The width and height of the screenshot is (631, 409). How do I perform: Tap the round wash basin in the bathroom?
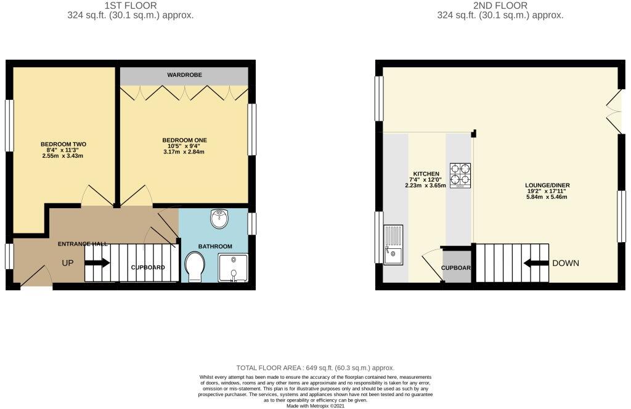[219, 219]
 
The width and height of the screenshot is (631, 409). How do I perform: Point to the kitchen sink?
[393, 245]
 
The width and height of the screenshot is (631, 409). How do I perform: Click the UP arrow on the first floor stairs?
[97, 263]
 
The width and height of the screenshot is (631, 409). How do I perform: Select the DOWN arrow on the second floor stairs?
[536, 263]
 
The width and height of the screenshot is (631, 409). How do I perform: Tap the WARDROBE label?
[184, 75]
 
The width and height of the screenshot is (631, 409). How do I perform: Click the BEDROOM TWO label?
[63, 144]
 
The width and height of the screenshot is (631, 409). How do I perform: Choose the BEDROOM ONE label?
[184, 140]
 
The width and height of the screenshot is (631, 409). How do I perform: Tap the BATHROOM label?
[215, 246]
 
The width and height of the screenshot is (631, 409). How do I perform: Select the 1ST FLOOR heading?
[131, 6]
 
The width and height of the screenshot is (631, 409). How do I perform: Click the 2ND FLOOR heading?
[500, 6]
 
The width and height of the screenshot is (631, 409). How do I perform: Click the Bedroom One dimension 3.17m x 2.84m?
[184, 152]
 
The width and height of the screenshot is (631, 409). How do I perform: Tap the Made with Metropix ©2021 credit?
[315, 405]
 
